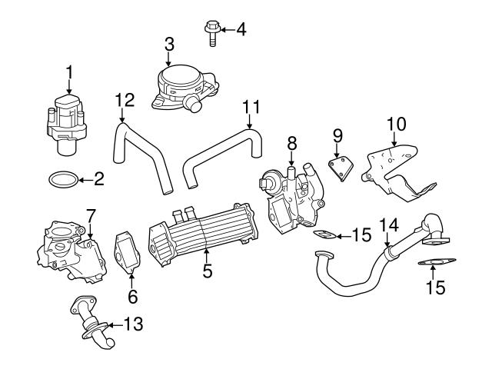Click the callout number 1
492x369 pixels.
(69, 72)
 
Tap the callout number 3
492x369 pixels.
(169, 45)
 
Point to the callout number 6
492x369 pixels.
(131, 294)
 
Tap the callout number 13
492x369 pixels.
(133, 324)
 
